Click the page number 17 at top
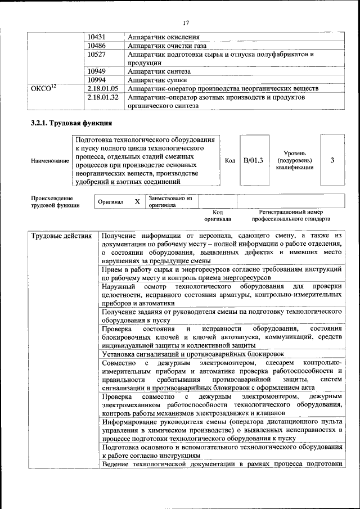186,22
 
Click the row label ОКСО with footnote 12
43,88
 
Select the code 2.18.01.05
103,88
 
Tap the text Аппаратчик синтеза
159,71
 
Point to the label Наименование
50,161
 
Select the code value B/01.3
253,160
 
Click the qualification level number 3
332,160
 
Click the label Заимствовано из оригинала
170,201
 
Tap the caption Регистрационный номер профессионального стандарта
291,215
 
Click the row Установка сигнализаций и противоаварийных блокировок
193,354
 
